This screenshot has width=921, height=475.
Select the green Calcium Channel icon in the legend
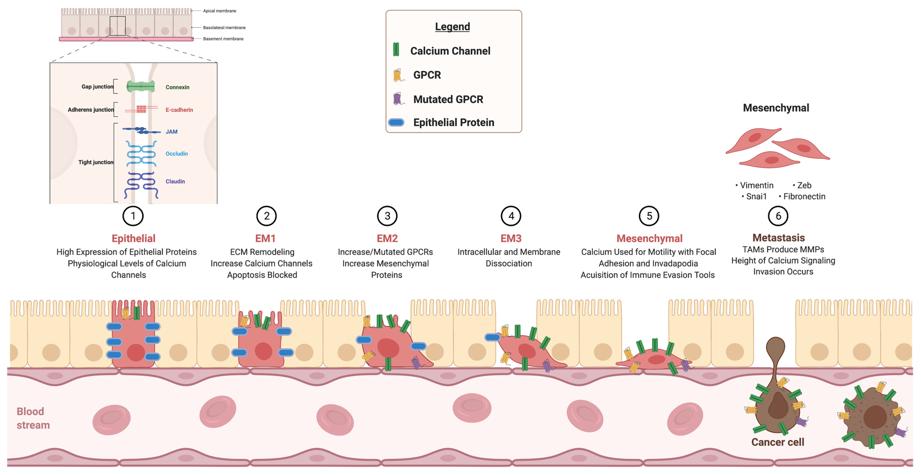(x=396, y=50)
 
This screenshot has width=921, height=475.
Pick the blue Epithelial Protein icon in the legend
(x=396, y=122)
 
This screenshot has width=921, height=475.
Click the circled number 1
(x=133, y=216)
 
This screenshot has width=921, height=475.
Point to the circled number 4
(x=511, y=216)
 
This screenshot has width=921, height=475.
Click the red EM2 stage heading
(x=387, y=238)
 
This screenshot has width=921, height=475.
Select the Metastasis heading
(x=778, y=238)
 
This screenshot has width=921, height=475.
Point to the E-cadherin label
(x=179, y=110)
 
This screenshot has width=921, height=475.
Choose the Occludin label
(x=177, y=154)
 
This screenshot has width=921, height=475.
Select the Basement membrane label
(x=223, y=39)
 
